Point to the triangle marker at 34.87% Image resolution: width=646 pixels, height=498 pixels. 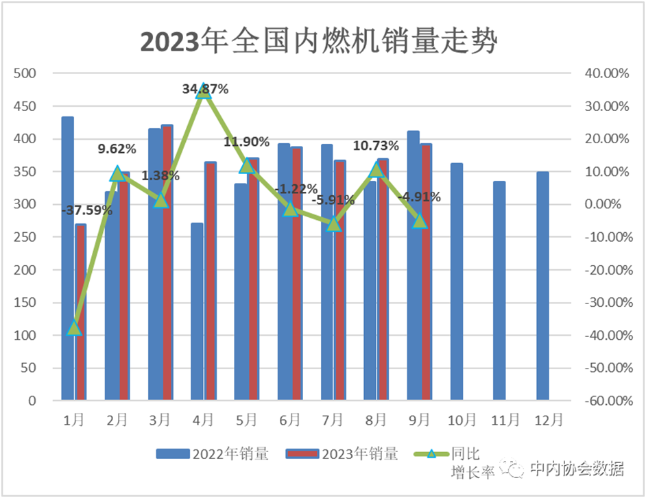pyautogui.click(x=204, y=92)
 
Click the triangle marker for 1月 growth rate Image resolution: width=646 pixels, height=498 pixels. pyautogui.click(x=75, y=328)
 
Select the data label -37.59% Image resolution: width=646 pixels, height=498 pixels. pyautogui.click(x=86, y=210)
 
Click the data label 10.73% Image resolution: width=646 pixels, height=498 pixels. pyautogui.click(x=375, y=146)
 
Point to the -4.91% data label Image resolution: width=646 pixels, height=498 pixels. pyautogui.click(x=419, y=197)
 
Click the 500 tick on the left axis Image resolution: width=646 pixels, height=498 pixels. pyautogui.click(x=27, y=73)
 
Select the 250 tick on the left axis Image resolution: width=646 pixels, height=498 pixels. pyautogui.click(x=27, y=237)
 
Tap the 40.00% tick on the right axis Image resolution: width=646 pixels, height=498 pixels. pyautogui.click(x=603, y=73)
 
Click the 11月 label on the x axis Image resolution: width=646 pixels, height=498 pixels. pyautogui.click(x=505, y=419)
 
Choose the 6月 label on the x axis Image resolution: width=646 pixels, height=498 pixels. pyautogui.click(x=289, y=419)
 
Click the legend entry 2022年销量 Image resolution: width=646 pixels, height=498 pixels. pyautogui.click(x=212, y=453)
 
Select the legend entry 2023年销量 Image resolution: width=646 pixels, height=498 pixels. pyautogui.click(x=342, y=453)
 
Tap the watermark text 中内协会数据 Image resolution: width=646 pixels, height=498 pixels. pyautogui.click(x=577, y=469)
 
